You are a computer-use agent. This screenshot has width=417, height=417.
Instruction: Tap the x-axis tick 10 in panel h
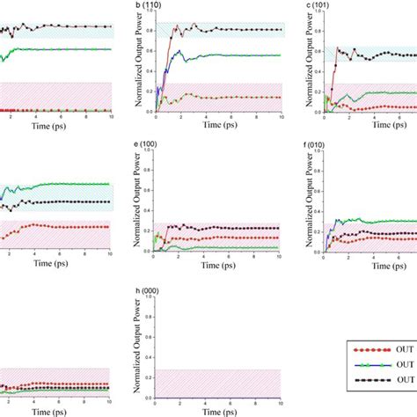pyautogui.click(x=280, y=402)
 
